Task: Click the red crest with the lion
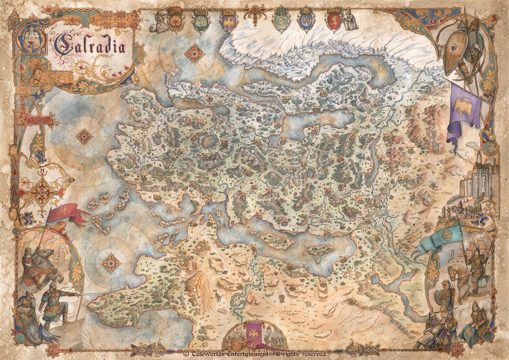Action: [333, 21]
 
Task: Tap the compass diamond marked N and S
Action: [42, 192]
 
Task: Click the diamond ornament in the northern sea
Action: [195, 53]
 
